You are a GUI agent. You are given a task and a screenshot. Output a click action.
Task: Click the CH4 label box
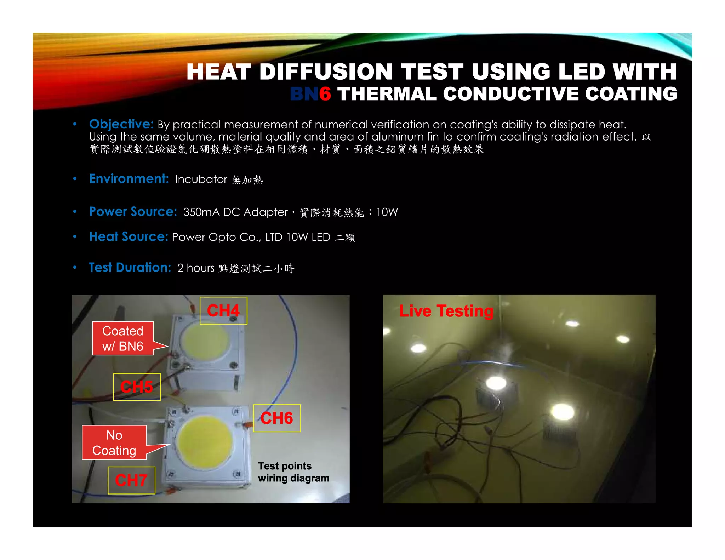click(223, 310)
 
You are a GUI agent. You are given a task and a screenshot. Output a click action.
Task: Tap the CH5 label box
click(137, 387)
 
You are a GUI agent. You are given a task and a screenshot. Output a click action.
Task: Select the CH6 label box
click(277, 418)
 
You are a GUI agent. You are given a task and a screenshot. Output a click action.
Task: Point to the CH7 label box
click(131, 480)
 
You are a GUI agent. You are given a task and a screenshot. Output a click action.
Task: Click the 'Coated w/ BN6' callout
click(123, 338)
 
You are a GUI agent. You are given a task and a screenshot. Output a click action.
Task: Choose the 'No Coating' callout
click(114, 442)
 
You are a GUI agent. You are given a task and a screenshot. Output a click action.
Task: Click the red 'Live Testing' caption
click(446, 311)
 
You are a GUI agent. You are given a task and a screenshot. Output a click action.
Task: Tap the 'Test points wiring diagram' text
click(293, 472)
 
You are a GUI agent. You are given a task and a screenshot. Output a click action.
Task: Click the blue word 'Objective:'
click(121, 124)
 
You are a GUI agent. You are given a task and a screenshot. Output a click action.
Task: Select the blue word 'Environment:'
click(129, 179)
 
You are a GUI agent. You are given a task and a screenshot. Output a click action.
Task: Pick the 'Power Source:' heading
click(133, 211)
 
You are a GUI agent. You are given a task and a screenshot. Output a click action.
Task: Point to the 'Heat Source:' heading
click(129, 236)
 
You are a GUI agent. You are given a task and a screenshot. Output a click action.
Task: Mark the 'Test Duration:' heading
click(130, 267)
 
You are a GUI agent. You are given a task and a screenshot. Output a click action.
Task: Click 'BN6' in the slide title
click(310, 94)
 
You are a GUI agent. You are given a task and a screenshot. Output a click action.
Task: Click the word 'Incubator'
click(201, 179)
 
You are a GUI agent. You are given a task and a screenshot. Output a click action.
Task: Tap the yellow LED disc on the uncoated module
click(205, 442)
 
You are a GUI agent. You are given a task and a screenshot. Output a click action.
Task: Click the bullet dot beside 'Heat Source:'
click(75, 236)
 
